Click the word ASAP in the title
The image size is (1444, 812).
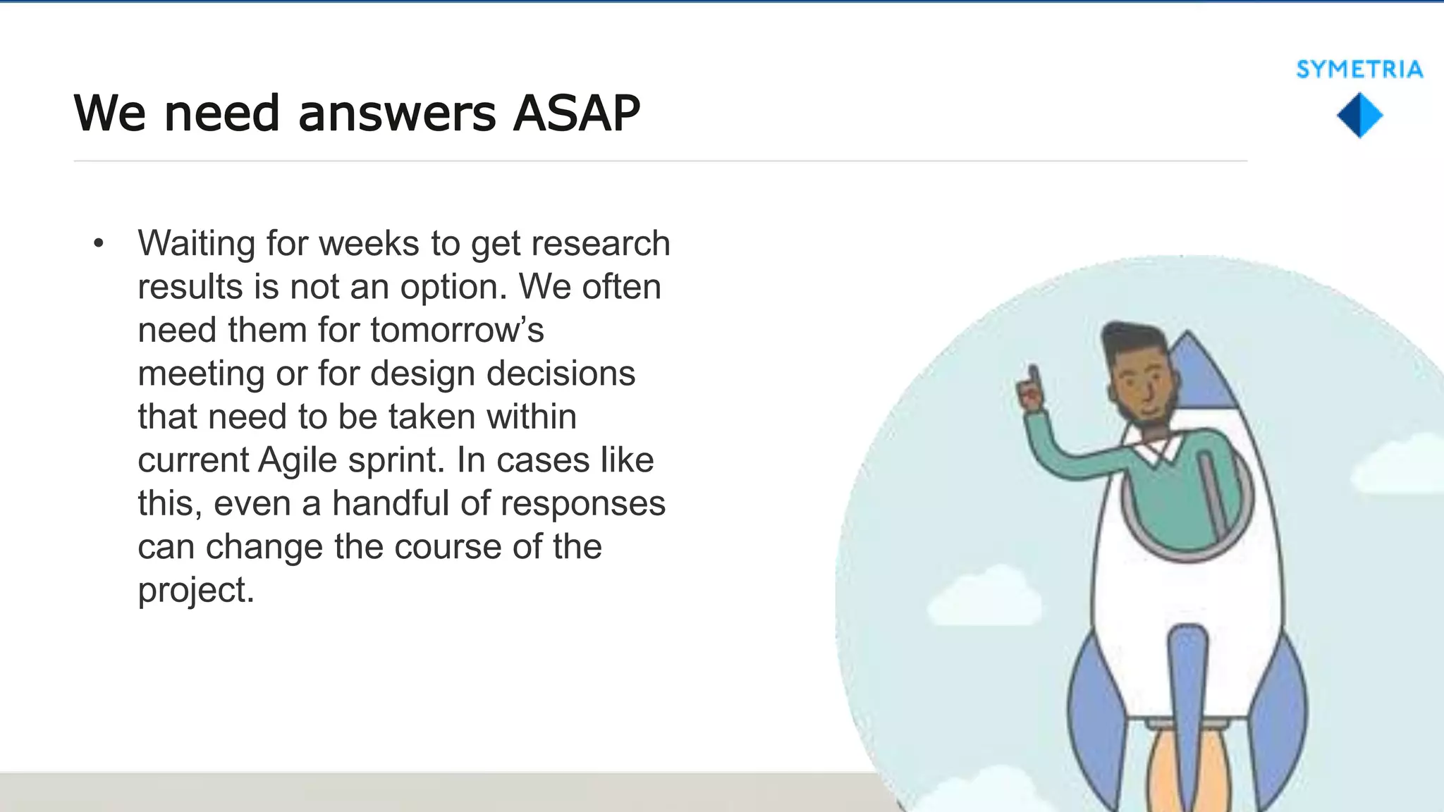pyautogui.click(x=576, y=113)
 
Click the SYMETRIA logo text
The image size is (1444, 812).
pyautogui.click(x=1359, y=69)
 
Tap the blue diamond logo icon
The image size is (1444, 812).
pyautogui.click(x=1359, y=116)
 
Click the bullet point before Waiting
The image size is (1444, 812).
pyautogui.click(x=98, y=244)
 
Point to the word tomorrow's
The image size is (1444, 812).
pyautogui.click(x=457, y=330)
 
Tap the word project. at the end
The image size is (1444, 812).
pyautogui.click(x=195, y=590)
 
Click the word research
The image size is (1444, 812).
pyautogui.click(x=600, y=244)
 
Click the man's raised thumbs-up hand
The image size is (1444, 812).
pyautogui.click(x=1031, y=389)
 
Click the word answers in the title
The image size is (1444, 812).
pyautogui.click(x=397, y=113)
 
